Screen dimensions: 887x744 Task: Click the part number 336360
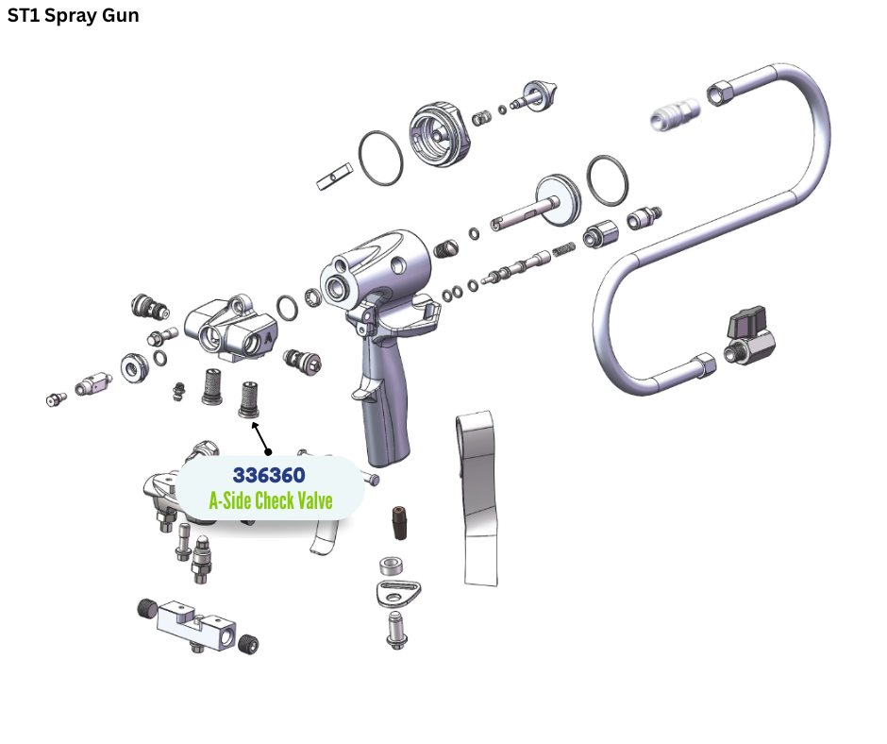point(269,475)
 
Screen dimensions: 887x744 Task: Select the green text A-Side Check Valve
point(271,500)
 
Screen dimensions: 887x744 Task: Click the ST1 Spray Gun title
point(73,15)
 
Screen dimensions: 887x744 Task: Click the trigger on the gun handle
point(364,390)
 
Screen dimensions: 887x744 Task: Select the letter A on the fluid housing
point(268,337)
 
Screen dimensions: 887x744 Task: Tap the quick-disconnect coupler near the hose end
point(675,114)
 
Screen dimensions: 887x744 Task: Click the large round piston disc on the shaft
point(558,199)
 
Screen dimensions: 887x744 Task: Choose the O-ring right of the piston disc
point(607,180)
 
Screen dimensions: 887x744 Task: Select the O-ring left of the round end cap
point(380,158)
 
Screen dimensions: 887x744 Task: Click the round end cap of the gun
point(440,135)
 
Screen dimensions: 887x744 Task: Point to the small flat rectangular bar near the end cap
point(334,177)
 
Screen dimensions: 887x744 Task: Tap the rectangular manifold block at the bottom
point(196,624)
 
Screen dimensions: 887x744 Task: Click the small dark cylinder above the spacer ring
point(399,523)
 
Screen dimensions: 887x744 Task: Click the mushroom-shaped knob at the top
point(539,95)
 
